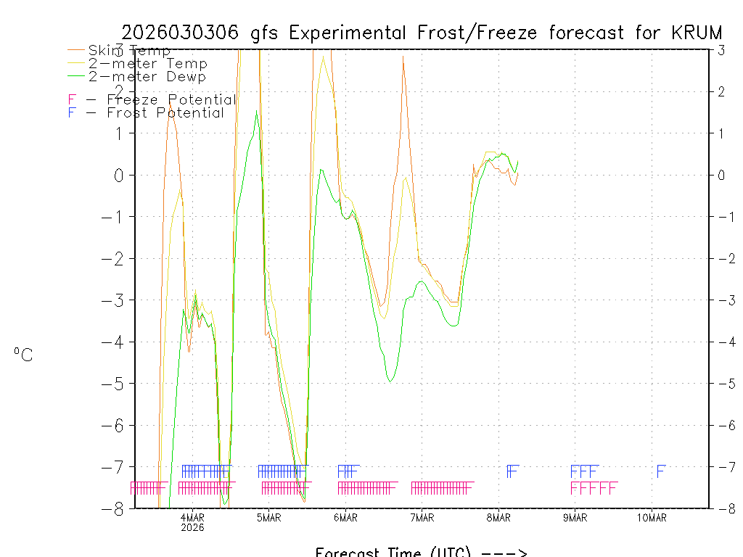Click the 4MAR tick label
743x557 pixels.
[192, 517]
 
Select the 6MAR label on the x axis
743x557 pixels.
[345, 517]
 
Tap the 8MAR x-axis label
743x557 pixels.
[498, 517]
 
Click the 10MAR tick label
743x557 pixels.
[652, 517]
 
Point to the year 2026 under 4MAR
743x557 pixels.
[192, 527]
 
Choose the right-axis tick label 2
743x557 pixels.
[721, 91]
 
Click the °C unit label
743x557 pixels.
[23, 355]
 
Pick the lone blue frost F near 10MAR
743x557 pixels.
[660, 471]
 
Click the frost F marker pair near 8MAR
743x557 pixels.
[512, 471]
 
